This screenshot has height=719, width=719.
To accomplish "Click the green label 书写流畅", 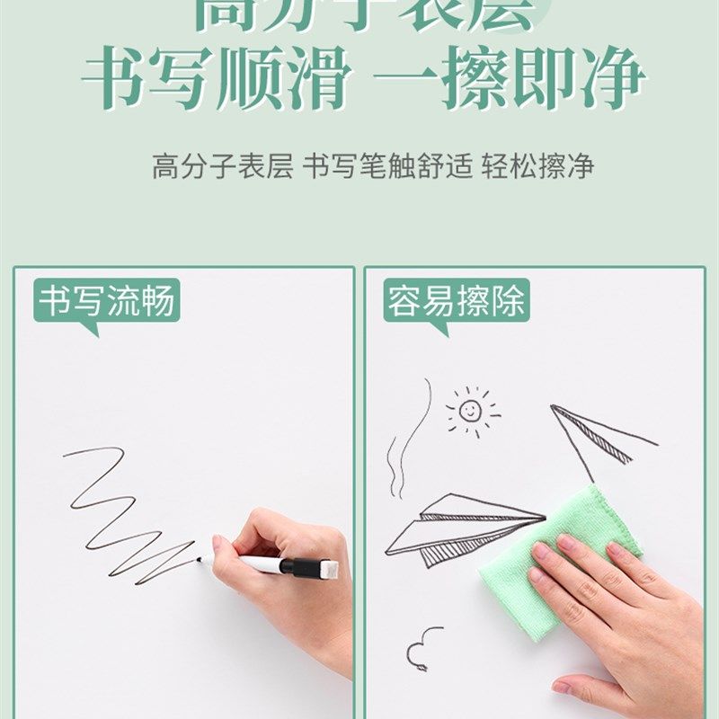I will [x=106, y=302].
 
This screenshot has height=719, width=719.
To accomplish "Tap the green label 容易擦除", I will [x=456, y=302].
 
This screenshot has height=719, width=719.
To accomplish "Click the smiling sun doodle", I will [x=470, y=412].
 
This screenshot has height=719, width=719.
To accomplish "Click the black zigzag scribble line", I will [x=126, y=512].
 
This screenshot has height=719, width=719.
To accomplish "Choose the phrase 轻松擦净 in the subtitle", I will [x=537, y=167].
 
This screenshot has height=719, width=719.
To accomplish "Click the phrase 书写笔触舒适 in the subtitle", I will [x=387, y=167].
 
